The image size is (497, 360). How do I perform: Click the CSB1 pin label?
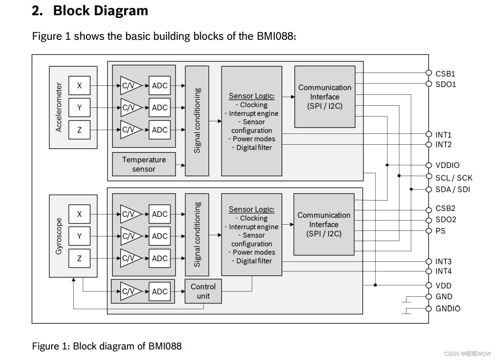pyautogui.click(x=445, y=74)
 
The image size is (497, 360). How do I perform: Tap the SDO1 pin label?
pyautogui.click(x=445, y=84)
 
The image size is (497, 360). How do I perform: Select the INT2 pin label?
pyautogui.click(x=444, y=145)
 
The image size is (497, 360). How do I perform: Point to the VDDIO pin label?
pyautogui.click(x=447, y=165)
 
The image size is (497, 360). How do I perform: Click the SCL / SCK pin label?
pyautogui.click(x=454, y=178)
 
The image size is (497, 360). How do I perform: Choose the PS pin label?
pyautogui.click(x=440, y=231)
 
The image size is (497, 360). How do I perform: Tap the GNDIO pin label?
pyautogui.click(x=448, y=309)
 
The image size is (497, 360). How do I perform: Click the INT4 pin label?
pyautogui.click(x=444, y=271)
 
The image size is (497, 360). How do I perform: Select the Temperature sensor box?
pyautogui.click(x=144, y=164)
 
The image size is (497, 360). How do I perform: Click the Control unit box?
pyautogui.click(x=203, y=291)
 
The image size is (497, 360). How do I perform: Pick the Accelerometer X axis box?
pyautogui.click(x=79, y=85)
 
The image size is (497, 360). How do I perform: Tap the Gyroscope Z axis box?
pyautogui.click(x=79, y=258)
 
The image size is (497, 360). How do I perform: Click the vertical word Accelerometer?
pyautogui.click(x=59, y=107)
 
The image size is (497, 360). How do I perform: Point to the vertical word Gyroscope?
pyautogui.click(x=59, y=236)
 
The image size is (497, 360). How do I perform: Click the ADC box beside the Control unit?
pyautogui.click(x=160, y=291)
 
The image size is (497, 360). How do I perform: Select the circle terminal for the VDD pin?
pyautogui.click(x=429, y=285)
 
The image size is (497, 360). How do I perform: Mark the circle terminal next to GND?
pyautogui.click(x=429, y=296)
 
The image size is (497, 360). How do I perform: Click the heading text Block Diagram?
pyautogui.click(x=100, y=11)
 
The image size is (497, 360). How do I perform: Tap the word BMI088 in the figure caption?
pyautogui.click(x=165, y=346)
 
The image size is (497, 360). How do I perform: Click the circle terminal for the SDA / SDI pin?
pyautogui.click(x=429, y=189)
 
